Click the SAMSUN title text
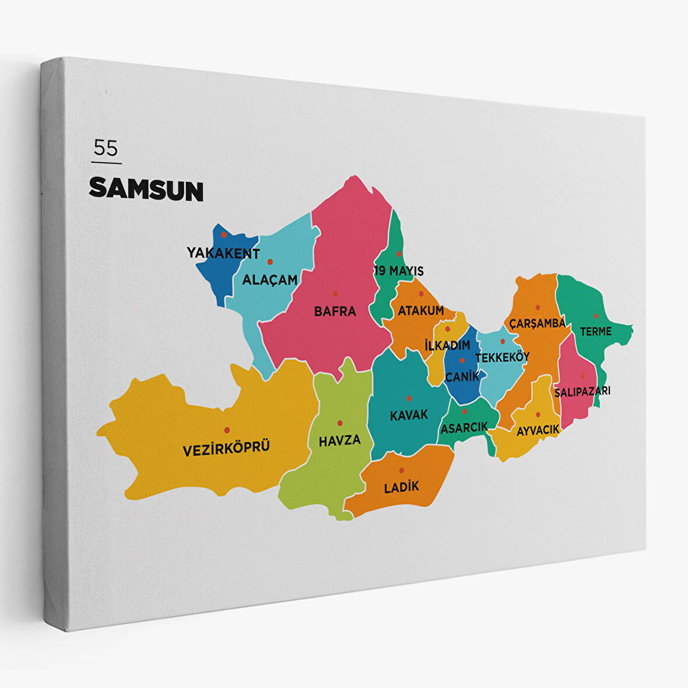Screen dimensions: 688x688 pos(146,190)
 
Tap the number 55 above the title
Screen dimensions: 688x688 pos(106,148)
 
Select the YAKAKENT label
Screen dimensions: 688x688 pos(223,253)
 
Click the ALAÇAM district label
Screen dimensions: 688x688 pos(269,280)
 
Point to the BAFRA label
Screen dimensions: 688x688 pos(335,311)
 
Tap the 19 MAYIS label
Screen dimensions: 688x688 pos(399,271)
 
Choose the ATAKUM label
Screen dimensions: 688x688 pos(420,311)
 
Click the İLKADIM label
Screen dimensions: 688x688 pos(447,345)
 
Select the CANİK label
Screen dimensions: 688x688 pos(462,377)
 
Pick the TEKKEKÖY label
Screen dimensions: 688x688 pos(502,357)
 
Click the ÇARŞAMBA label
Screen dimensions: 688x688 pos(537,324)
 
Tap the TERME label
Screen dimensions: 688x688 pos(595,332)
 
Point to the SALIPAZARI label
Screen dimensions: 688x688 pos(582,391)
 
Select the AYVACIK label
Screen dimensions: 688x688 pos(538,430)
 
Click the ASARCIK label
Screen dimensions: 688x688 pos(464,428)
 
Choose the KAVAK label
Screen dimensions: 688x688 pos(409,415)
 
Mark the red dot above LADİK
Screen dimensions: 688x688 pos(401,471)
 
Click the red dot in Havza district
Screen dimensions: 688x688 pos(340,423)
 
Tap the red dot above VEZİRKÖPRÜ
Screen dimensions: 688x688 pos(227,430)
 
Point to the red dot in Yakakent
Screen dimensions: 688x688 pos(223,235)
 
